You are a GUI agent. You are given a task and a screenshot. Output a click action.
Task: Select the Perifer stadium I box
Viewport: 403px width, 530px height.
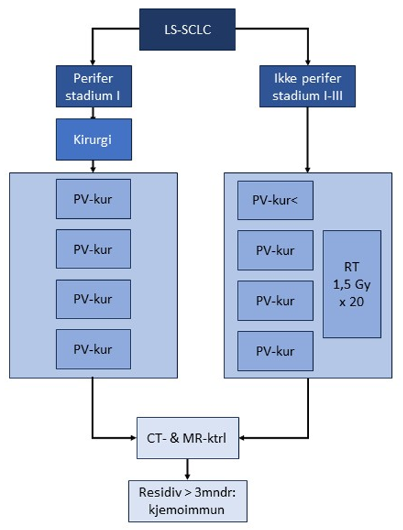tap(93, 87)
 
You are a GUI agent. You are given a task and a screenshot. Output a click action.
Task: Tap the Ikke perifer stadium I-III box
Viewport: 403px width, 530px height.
tap(307, 87)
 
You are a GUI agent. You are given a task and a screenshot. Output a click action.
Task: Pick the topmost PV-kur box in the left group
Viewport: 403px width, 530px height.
tap(93, 200)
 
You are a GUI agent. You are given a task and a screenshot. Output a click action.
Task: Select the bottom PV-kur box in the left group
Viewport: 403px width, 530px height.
tap(93, 349)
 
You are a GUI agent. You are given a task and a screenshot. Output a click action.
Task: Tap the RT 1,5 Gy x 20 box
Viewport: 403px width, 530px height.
tap(352, 284)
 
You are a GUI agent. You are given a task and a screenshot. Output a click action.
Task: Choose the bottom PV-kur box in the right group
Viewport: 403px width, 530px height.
tap(275, 352)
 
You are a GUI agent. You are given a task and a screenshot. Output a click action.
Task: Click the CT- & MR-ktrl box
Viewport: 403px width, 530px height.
tap(187, 437)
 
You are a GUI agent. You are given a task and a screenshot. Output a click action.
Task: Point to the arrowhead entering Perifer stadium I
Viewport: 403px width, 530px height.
tap(93, 62)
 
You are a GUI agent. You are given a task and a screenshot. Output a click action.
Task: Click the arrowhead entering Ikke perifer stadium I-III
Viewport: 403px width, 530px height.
tap(307, 62)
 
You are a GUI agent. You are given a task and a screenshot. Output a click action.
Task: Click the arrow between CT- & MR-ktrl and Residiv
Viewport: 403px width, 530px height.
tap(187, 468)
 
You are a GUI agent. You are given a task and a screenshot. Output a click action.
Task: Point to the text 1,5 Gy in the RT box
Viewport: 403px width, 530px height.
tap(352, 284)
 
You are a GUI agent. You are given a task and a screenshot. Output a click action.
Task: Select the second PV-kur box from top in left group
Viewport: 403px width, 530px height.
tap(93, 250)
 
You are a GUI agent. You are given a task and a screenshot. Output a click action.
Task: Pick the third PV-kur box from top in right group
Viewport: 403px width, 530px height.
tap(275, 301)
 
